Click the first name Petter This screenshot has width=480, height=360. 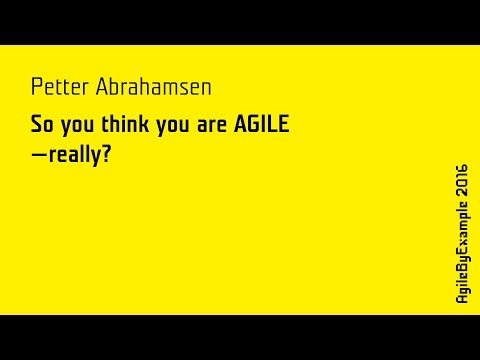[57, 87]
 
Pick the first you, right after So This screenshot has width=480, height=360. [78, 130]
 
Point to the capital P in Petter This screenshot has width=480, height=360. [36, 87]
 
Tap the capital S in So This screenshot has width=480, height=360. [37, 129]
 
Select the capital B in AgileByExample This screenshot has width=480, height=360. [461, 271]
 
